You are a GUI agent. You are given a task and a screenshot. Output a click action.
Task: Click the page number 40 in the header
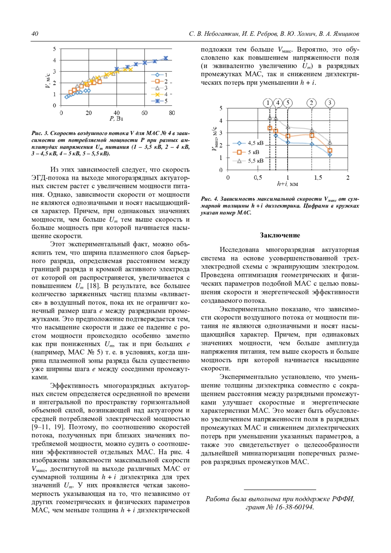click(x=35, y=34)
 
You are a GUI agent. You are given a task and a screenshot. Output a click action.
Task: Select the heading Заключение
click(x=280, y=235)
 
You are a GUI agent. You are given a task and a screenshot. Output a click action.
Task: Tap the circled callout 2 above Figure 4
click(x=311, y=103)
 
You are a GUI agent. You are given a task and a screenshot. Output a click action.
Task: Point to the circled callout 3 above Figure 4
click(x=330, y=103)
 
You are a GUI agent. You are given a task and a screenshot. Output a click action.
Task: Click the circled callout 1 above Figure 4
click(x=268, y=103)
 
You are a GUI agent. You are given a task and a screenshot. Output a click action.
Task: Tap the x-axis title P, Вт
click(x=116, y=119)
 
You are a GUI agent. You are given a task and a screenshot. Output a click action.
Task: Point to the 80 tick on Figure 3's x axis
click(x=172, y=113)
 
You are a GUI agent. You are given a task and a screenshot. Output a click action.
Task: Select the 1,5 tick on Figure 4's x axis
click(x=318, y=178)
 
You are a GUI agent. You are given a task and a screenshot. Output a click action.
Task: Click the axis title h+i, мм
click(x=287, y=184)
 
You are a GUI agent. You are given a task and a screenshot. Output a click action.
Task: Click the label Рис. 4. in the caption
click(x=209, y=199)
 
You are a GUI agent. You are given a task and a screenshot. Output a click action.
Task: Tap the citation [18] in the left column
click(x=93, y=286)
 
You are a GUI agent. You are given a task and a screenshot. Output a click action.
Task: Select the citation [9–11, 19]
click(x=48, y=427)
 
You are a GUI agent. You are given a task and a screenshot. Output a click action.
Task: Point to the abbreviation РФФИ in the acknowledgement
click(x=343, y=499)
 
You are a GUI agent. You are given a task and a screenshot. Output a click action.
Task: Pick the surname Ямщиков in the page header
click(x=345, y=34)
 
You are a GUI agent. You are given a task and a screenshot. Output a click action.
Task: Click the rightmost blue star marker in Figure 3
click(x=166, y=58)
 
